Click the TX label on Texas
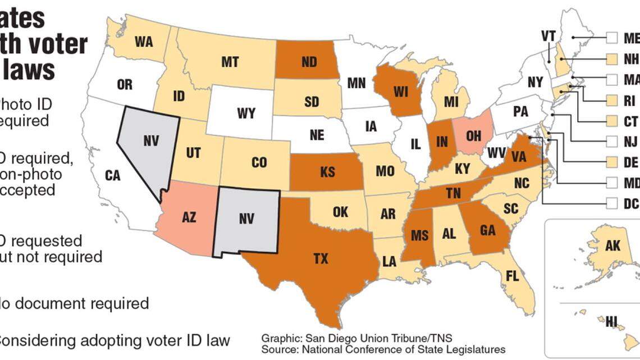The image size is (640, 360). click(x=320, y=259)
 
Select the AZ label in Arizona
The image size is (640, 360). click(x=189, y=217)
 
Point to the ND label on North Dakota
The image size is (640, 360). click(x=309, y=62)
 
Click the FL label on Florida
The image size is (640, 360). click(x=511, y=276)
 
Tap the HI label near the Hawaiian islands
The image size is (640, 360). click(x=611, y=321)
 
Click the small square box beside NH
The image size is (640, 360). click(x=612, y=58)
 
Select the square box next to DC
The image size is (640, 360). click(x=612, y=204)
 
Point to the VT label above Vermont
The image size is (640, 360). click(x=548, y=36)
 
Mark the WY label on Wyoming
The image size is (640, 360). click(x=246, y=114)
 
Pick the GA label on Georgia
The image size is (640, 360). click(x=487, y=230)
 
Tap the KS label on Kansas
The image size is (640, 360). click(x=327, y=172)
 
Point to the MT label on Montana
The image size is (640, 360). click(x=230, y=62)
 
